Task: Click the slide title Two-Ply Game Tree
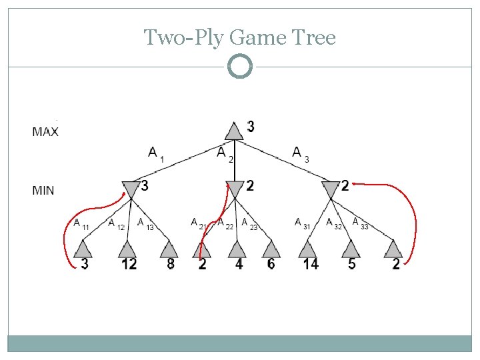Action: click(x=240, y=37)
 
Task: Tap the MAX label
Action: click(x=45, y=132)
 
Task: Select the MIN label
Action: click(x=43, y=191)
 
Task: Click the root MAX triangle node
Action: click(x=233, y=131)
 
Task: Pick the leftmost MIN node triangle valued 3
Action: click(x=131, y=189)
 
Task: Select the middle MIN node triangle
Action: click(x=235, y=189)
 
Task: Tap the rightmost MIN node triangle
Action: click(x=331, y=189)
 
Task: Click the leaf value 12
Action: click(x=129, y=264)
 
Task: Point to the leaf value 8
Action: click(x=171, y=264)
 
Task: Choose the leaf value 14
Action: click(x=310, y=264)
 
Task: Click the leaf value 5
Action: click(x=351, y=264)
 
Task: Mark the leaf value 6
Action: click(x=271, y=264)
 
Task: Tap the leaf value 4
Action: click(x=239, y=264)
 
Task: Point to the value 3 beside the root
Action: click(x=250, y=126)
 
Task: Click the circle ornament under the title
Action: click(x=240, y=67)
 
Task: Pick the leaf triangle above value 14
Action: click(x=308, y=249)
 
